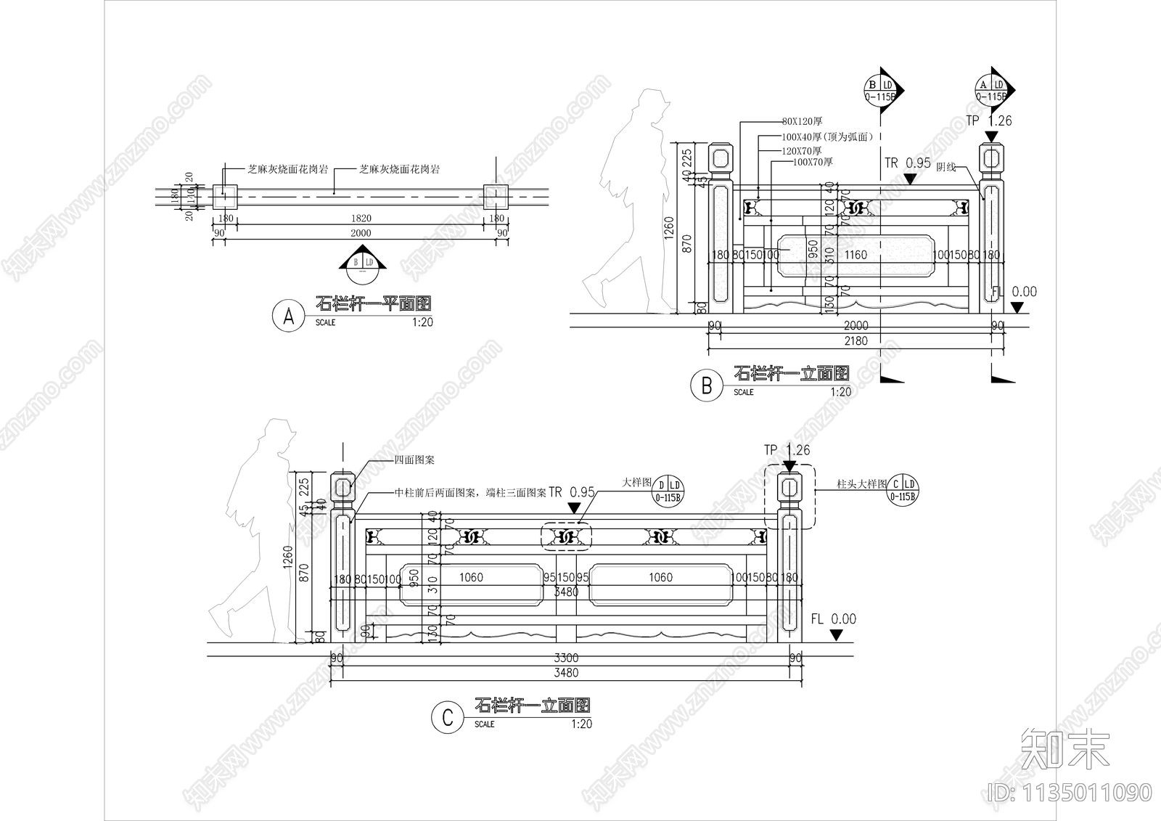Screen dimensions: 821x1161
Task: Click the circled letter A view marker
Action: pyautogui.click(x=289, y=316)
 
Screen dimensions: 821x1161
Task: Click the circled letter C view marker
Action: pyautogui.click(x=447, y=718)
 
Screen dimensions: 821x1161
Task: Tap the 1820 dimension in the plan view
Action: pyautogui.click(x=361, y=218)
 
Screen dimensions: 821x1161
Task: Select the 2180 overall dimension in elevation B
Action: pyautogui.click(x=856, y=340)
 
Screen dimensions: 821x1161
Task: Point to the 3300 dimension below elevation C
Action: pyautogui.click(x=566, y=658)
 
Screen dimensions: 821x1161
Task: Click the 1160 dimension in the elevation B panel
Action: pyautogui.click(x=856, y=255)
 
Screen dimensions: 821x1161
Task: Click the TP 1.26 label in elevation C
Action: pyautogui.click(x=787, y=450)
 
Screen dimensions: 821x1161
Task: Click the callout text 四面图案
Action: pyautogui.click(x=414, y=460)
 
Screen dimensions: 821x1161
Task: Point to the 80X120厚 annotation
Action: pyautogui.click(x=802, y=121)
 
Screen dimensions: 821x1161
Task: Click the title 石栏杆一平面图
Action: pyautogui.click(x=374, y=303)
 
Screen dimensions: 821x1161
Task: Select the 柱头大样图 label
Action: pyautogui.click(x=862, y=484)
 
